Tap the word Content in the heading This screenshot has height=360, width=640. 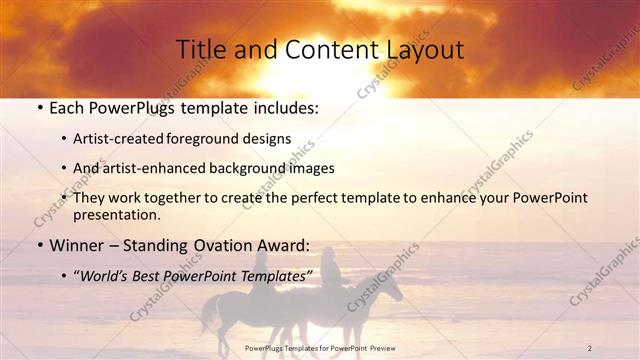313,49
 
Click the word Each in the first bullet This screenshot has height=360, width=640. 66,107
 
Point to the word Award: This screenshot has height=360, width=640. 289,245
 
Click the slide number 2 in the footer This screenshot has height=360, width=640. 590,348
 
